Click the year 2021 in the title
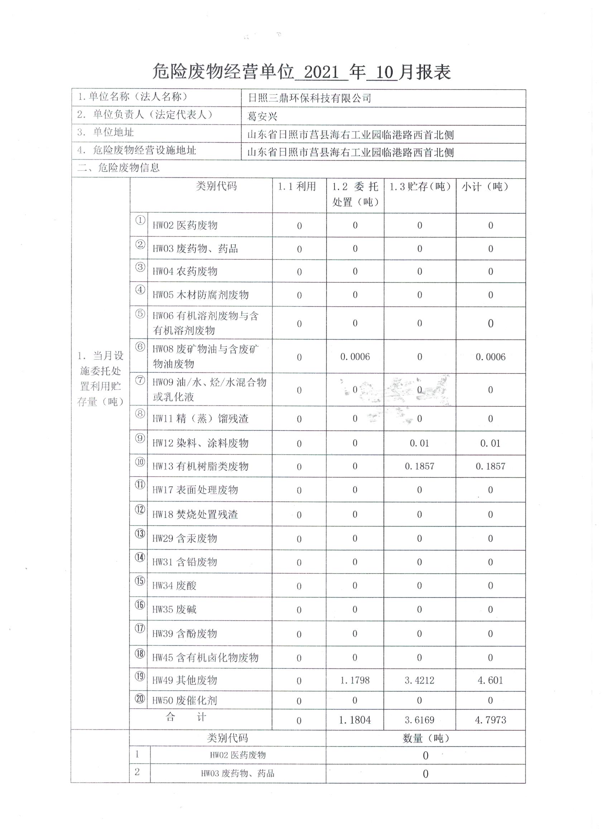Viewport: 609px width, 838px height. pyautogui.click(x=321, y=72)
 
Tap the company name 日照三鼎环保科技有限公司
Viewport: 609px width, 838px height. pyautogui.click(x=309, y=98)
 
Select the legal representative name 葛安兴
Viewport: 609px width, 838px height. pyautogui.click(x=262, y=116)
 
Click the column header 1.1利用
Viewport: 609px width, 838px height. pyautogui.click(x=297, y=187)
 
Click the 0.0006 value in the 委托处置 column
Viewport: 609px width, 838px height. pyautogui.click(x=355, y=357)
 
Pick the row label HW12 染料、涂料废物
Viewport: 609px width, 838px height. pyautogui.click(x=200, y=443)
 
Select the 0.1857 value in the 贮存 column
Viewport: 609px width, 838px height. pyautogui.click(x=419, y=466)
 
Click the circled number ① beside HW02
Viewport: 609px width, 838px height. pyautogui.click(x=140, y=220)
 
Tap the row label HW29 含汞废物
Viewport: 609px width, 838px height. pyautogui.click(x=184, y=538)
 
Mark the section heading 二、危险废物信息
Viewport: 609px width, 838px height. pyautogui.click(x=119, y=168)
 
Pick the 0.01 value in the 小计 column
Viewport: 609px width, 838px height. pyautogui.click(x=490, y=443)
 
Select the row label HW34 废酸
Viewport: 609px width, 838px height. pyautogui.click(x=174, y=586)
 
